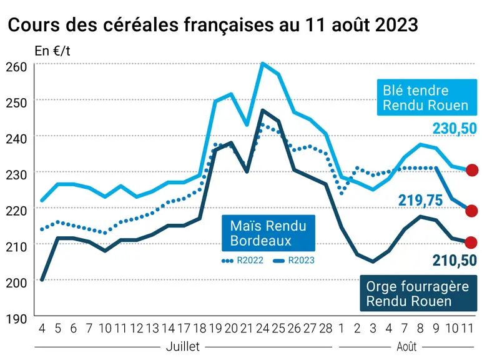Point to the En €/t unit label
52,51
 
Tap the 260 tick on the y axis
16,67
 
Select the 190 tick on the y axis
16,319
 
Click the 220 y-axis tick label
16,211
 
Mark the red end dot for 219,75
472,211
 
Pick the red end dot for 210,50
471,242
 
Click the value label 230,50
455,128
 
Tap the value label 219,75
421,200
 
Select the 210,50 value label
455,260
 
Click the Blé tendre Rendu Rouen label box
427,97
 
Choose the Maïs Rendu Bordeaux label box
268,233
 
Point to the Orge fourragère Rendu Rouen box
418,293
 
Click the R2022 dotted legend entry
242,260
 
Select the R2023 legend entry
293,260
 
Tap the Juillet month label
183,346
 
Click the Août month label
406,346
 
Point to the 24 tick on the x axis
262,329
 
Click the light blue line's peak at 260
262,63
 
